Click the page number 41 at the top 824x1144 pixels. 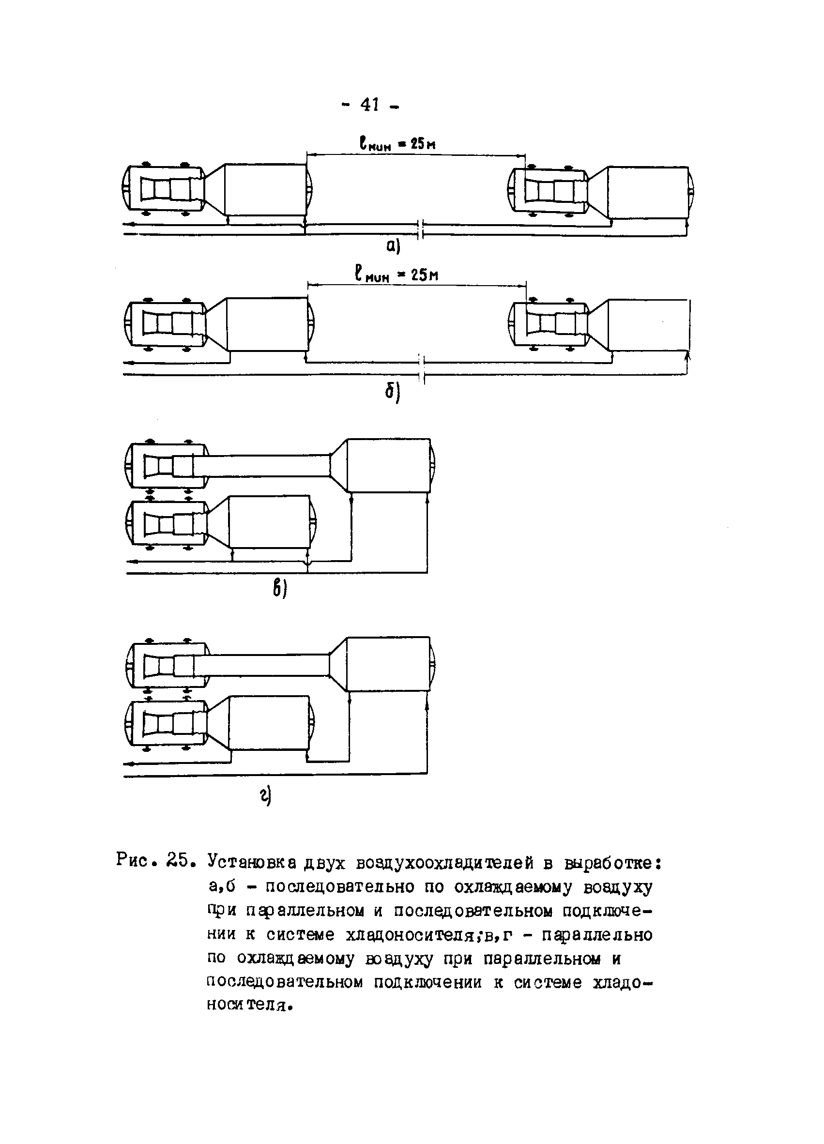(x=370, y=105)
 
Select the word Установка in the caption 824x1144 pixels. (x=253, y=862)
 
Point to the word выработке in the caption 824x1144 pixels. (x=608, y=862)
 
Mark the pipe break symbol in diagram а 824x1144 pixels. (x=421, y=229)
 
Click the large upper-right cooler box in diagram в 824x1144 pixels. (x=389, y=465)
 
